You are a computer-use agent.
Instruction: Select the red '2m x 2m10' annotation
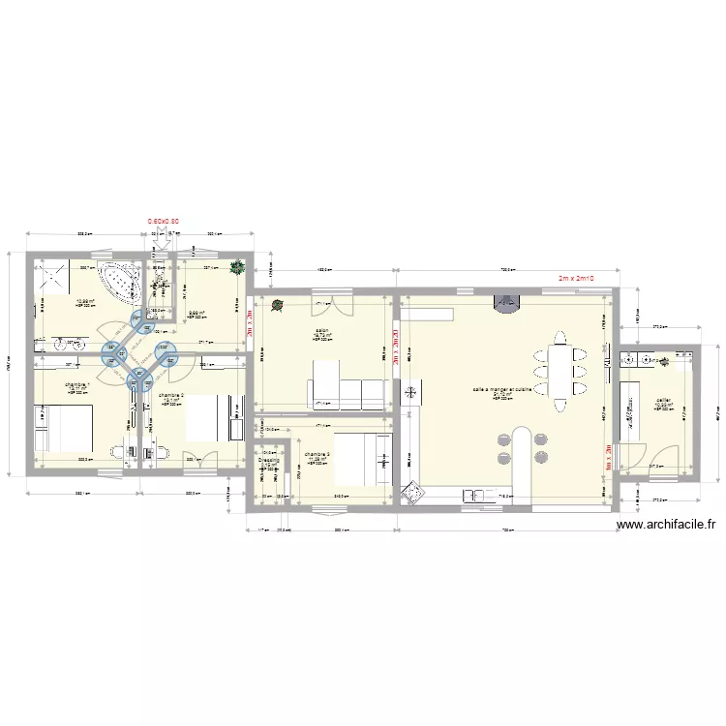(575, 278)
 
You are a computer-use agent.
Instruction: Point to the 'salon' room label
(319, 331)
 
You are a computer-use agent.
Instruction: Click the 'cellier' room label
(663, 400)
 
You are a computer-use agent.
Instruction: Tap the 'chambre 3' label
(317, 454)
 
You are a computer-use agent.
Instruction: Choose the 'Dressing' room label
(269, 460)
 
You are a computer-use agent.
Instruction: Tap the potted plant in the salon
(278, 306)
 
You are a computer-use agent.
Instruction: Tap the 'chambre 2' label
(170, 396)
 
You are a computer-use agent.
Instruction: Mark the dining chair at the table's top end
(559, 338)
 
